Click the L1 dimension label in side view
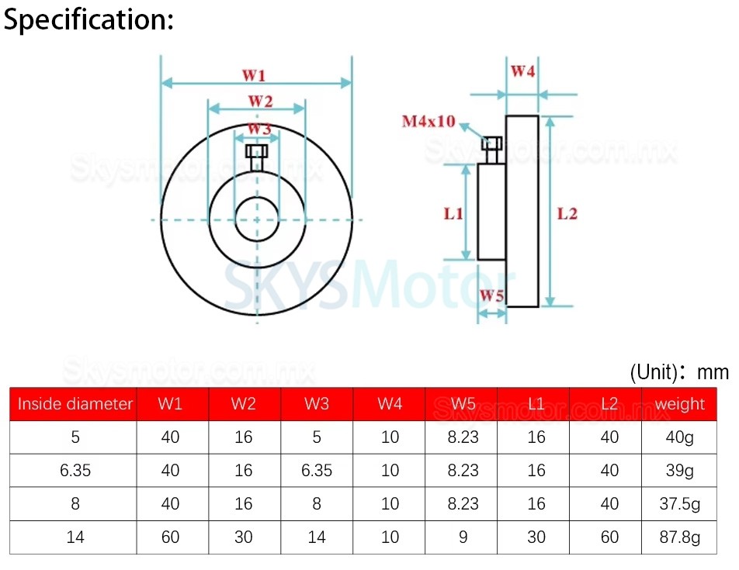coord(453,212)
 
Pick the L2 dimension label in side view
coord(567,213)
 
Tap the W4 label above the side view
coord(522,71)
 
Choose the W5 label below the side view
coord(491,295)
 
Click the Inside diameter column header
coord(75,404)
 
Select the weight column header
coord(679,404)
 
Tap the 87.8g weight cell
coord(679,537)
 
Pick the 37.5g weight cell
coord(679,503)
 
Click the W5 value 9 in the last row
coord(463,537)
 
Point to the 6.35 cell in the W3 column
coord(317,470)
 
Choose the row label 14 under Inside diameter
coord(75,537)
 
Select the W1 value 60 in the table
coord(171,537)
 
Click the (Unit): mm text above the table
coord(679,372)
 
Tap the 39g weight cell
coord(679,470)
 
